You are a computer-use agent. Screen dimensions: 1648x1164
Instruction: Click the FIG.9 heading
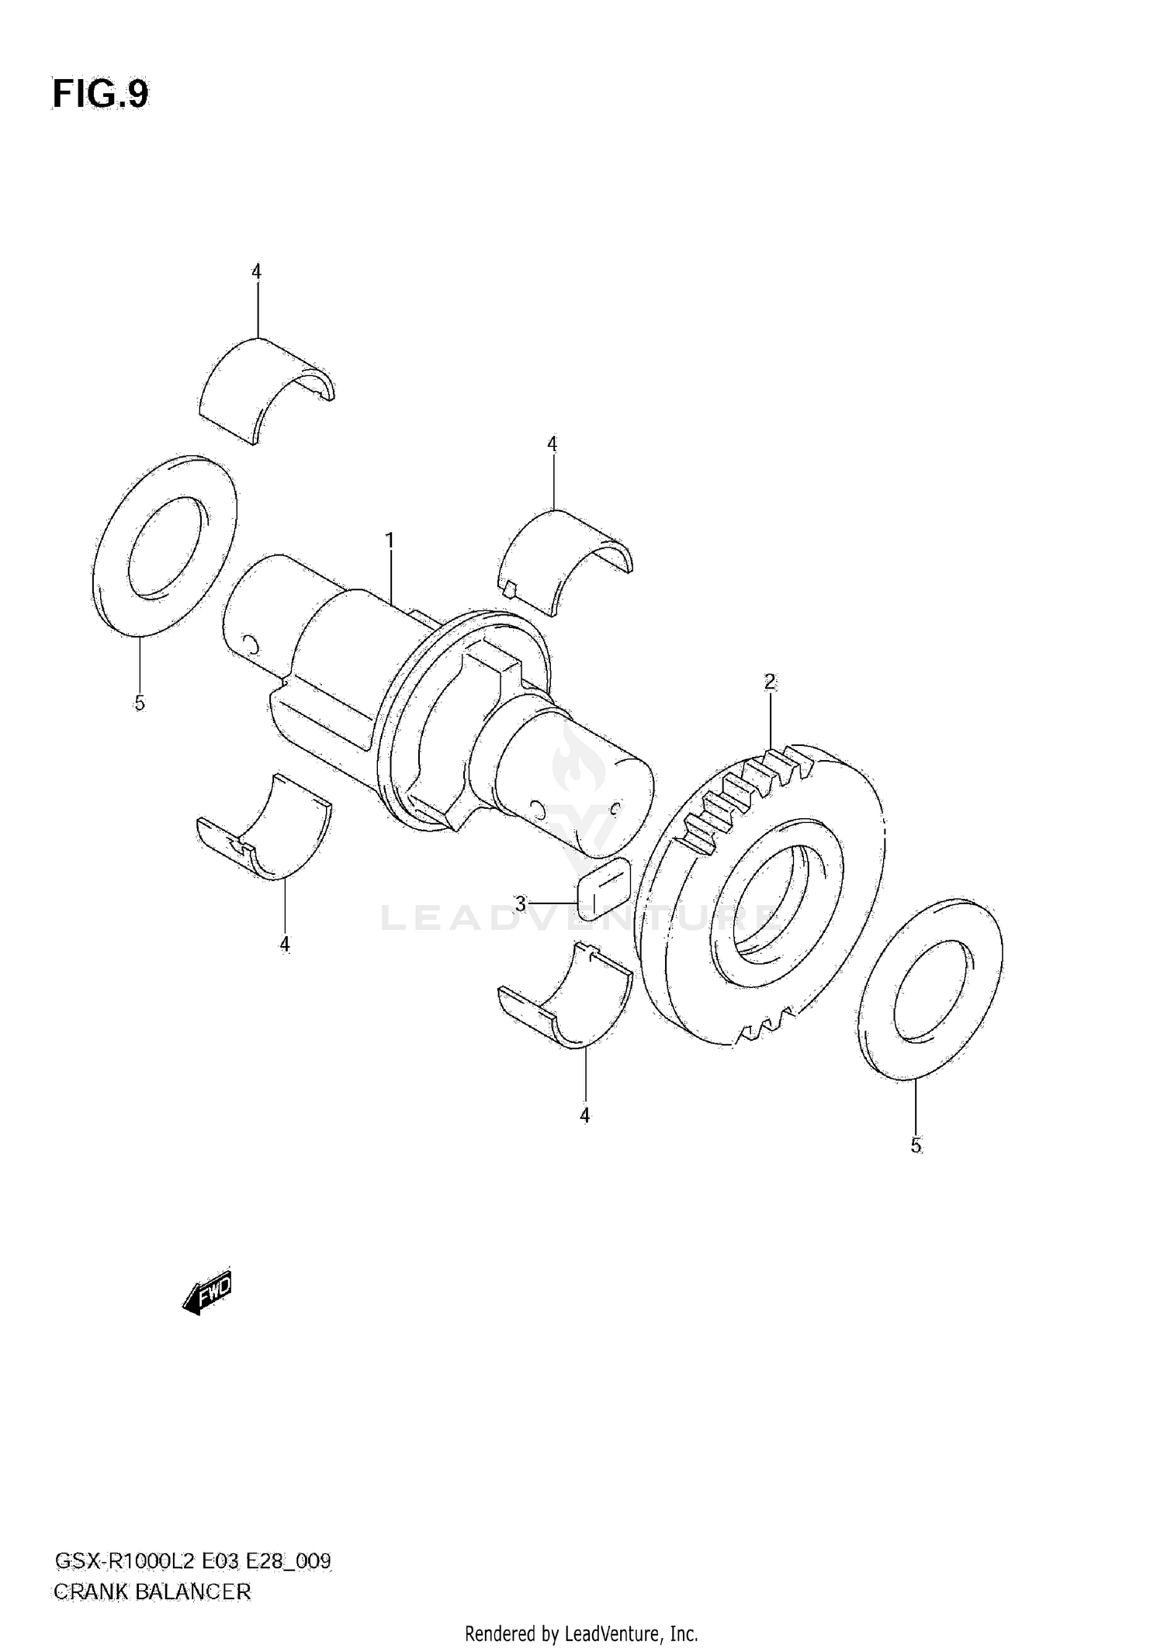click(x=100, y=95)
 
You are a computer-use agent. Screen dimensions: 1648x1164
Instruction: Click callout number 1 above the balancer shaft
click(x=390, y=540)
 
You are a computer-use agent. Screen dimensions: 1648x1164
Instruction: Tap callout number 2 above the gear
click(x=770, y=682)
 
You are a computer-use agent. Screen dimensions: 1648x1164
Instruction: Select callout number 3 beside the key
click(x=521, y=903)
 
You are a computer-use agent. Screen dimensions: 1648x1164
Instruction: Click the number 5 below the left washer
click(x=140, y=703)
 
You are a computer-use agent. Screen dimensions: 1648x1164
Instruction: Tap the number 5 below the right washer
click(x=916, y=1145)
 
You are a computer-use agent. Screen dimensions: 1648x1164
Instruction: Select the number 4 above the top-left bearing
click(x=257, y=271)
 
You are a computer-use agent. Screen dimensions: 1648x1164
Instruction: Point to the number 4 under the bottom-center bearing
click(x=585, y=1115)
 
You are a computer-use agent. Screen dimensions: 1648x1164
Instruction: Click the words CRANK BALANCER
click(x=152, y=1592)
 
